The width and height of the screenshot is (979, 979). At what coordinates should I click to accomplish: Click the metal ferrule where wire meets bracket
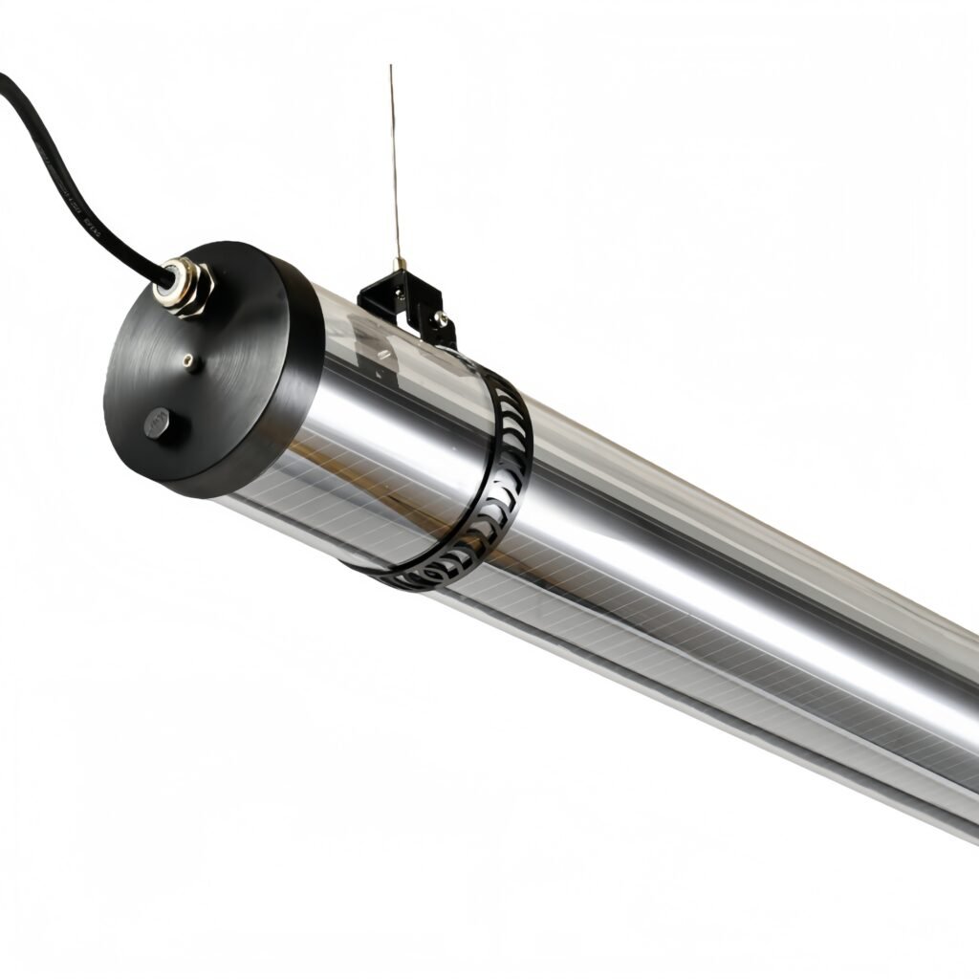(402, 263)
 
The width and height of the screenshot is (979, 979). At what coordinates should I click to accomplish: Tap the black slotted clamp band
(507, 478)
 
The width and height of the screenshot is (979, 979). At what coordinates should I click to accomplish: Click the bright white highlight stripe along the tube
(669, 574)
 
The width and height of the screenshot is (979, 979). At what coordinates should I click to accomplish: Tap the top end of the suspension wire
(391, 67)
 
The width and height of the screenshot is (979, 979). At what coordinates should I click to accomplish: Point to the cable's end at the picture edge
(3, 78)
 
